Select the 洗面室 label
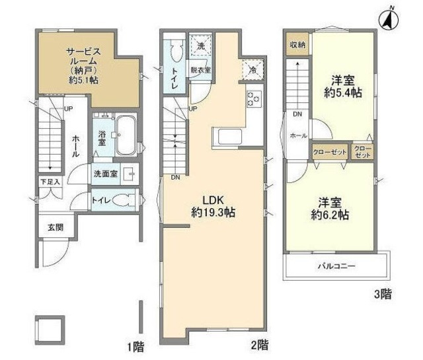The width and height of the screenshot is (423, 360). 104,174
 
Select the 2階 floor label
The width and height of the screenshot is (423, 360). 259,344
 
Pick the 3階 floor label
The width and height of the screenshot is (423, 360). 383,294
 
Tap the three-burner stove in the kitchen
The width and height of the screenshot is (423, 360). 254,100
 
